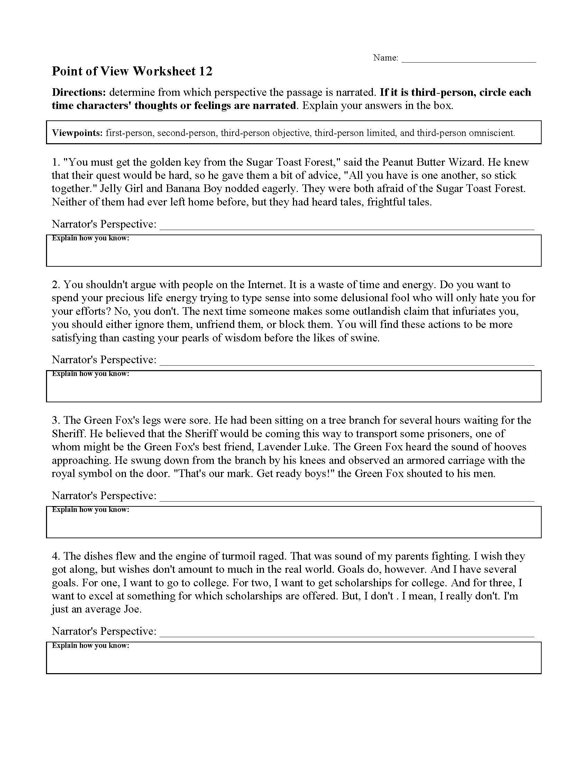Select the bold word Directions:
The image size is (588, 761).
[79, 92]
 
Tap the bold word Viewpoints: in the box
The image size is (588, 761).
[77, 133]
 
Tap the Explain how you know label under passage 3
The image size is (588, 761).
[91, 510]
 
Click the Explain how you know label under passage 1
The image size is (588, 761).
[91, 238]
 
